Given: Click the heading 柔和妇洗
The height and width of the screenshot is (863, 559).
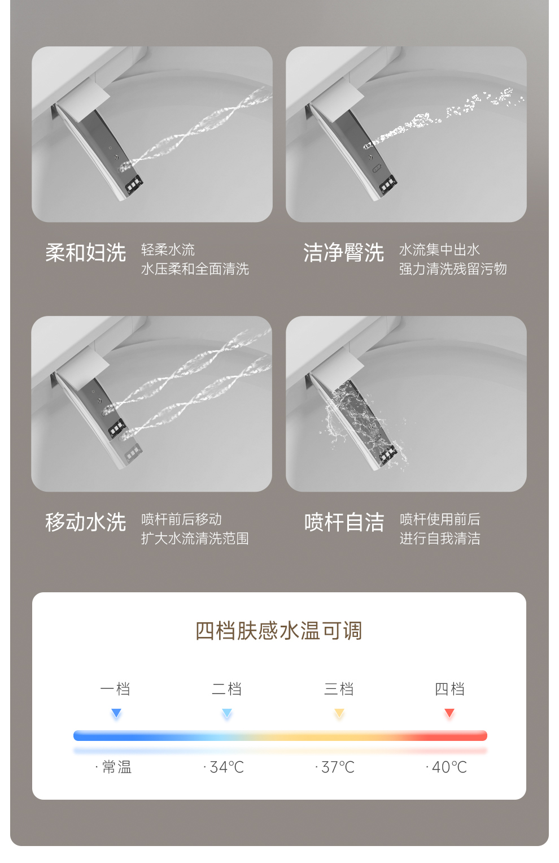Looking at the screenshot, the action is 86,253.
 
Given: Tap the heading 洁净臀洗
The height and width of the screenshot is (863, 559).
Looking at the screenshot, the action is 343,253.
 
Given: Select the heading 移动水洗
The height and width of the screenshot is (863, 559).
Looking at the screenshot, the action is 86,522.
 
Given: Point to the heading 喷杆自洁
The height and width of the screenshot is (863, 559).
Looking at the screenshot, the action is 344,522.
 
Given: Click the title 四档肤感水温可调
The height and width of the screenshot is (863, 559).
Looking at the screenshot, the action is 279,631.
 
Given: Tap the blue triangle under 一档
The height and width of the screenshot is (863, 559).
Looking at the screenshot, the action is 116,713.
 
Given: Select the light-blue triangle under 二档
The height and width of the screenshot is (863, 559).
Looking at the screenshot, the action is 227,713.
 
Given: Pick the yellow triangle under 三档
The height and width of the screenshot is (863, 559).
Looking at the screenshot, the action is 339,713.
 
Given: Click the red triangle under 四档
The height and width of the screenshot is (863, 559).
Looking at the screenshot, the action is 449,713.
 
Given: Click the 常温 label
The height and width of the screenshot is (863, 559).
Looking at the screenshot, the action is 117,767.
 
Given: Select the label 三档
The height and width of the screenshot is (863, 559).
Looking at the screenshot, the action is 339,689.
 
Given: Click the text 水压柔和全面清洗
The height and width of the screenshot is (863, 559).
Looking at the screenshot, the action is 195,269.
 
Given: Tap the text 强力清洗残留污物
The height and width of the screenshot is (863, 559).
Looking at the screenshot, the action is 453,269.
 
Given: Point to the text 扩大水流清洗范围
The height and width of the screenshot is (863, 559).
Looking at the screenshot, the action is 195,539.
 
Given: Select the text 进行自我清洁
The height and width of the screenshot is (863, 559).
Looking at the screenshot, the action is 440,539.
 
